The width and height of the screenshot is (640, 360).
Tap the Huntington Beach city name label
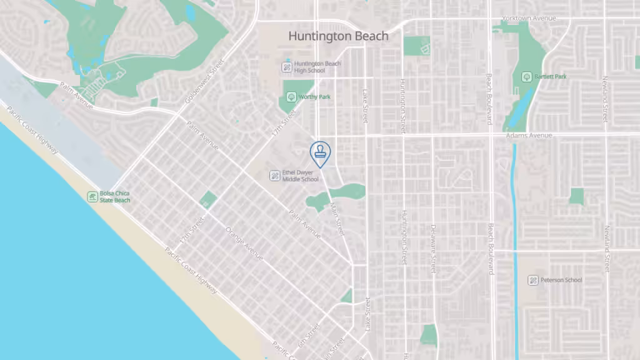338,36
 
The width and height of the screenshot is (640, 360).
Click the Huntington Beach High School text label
317,67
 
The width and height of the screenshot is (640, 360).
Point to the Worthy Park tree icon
291,97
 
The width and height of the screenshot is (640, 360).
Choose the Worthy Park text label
314,97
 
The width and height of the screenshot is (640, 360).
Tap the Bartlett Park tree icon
527,77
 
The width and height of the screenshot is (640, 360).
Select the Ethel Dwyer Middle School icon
274,176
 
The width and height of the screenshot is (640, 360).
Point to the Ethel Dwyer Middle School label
300,176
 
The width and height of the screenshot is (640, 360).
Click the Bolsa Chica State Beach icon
92,197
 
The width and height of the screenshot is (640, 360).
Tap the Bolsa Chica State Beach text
115,197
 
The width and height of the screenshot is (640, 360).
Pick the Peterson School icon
532,280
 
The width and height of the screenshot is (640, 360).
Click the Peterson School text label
561,280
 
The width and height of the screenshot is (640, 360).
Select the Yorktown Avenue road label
528,19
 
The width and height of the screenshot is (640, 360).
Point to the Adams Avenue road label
531,136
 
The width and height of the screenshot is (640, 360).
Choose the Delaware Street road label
432,248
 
